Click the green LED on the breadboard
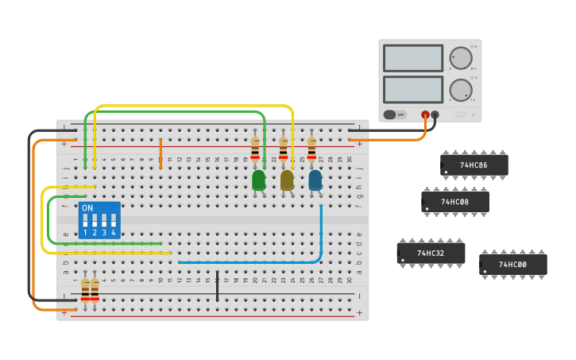tap(259, 180)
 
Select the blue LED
tap(315, 180)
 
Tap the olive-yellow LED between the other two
tap(287, 180)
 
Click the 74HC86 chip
tap(474, 165)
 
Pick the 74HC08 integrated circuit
tap(454, 202)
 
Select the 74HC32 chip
tap(431, 253)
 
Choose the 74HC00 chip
tap(512, 264)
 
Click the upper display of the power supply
tap(412, 58)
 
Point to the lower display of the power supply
tap(412, 88)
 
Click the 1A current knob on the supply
tap(460, 90)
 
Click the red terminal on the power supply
tap(425, 114)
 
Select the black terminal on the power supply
tap(435, 114)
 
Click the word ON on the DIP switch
tap(87, 208)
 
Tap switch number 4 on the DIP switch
tap(113, 222)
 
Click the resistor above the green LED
tap(255, 149)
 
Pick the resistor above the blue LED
tap(311, 149)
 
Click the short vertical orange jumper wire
tap(160, 153)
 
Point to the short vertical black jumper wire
tap(217, 286)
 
